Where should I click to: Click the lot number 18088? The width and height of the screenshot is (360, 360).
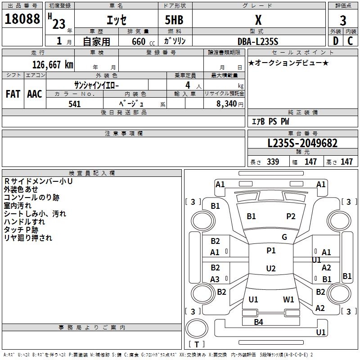coord(22,19)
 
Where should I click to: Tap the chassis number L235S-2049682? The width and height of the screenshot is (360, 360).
coord(302,144)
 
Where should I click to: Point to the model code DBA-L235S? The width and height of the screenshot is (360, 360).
coord(257,41)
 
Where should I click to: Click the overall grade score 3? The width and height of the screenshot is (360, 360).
coord(343,20)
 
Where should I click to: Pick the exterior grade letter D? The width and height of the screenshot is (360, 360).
coord(335,41)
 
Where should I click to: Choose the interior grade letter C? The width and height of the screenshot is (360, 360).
coord(350,41)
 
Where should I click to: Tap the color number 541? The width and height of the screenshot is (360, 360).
coord(75,104)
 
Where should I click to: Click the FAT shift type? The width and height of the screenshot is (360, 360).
coord(13,94)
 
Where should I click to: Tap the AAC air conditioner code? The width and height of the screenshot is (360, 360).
coord(34,94)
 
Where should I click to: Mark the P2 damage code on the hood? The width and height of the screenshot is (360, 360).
coord(291,216)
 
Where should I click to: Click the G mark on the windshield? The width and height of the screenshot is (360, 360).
coord(284,237)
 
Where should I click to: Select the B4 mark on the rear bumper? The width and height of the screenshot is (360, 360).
coord(258,322)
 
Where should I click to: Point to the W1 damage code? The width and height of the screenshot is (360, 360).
coord(288,299)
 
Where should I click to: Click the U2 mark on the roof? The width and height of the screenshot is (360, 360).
coord(270,269)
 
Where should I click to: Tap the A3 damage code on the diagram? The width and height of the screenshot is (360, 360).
coord(215,279)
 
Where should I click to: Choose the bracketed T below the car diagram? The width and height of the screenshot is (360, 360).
coord(197,344)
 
